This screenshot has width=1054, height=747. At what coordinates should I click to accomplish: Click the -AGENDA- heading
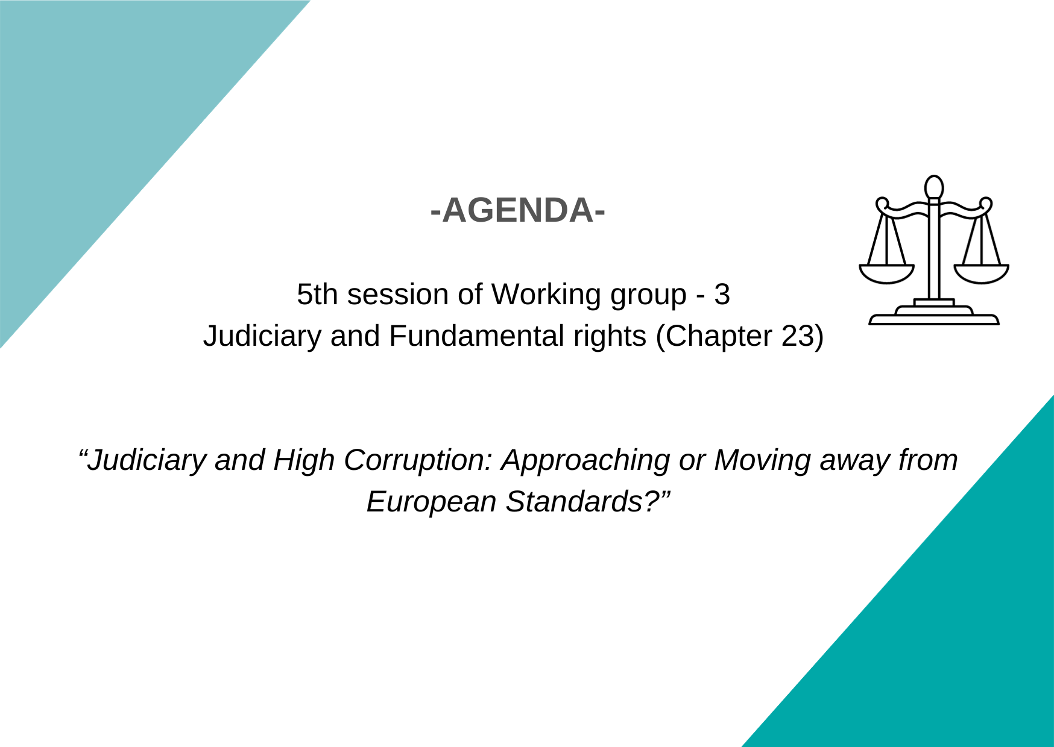(x=518, y=210)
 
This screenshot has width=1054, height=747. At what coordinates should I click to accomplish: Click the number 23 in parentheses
(x=798, y=336)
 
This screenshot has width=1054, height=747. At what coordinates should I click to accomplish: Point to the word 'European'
(x=431, y=502)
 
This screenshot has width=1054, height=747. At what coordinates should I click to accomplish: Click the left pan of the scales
(x=886, y=275)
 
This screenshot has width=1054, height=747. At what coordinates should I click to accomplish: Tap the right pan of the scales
(x=981, y=275)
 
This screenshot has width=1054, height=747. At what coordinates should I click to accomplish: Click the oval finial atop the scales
(x=934, y=187)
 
